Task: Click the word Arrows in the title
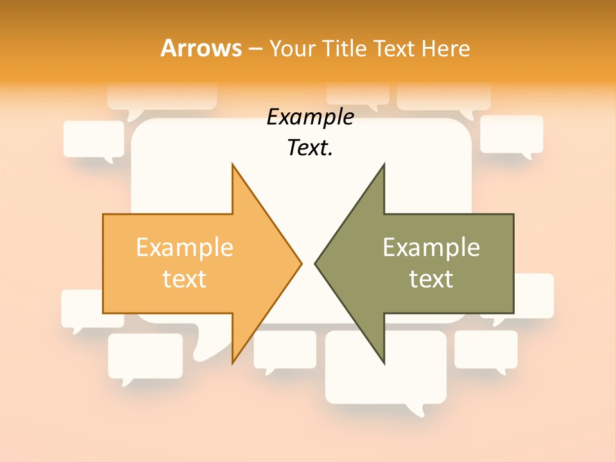201,48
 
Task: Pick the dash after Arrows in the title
255,49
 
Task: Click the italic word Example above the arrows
310,117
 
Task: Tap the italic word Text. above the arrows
310,148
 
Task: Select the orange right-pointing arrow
193,263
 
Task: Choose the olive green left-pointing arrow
430,263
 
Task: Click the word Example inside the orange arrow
185,248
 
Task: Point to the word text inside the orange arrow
185,279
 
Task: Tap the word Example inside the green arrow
431,248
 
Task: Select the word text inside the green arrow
431,279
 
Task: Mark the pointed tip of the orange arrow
300,262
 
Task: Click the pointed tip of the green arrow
316,262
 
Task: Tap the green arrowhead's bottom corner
384,362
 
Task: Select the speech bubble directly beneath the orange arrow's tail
145,356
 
